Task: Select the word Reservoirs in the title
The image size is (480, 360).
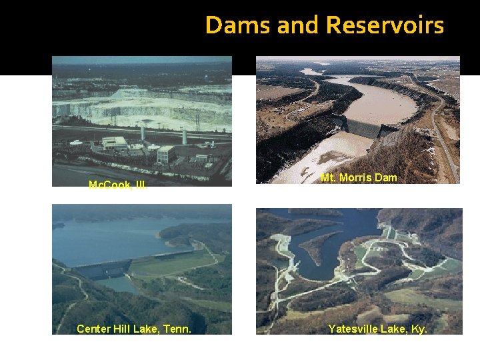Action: click(x=385, y=25)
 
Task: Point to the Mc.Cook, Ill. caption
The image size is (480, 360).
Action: click(x=118, y=185)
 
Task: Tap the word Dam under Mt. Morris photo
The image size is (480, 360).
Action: click(x=389, y=178)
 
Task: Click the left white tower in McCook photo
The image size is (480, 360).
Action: click(x=143, y=133)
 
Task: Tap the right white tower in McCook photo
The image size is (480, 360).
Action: click(x=184, y=136)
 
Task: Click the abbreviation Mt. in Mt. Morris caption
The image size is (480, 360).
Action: click(x=328, y=178)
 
